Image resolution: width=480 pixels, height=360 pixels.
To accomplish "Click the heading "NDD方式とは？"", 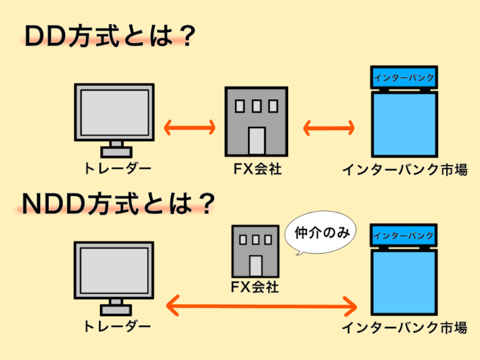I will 119,203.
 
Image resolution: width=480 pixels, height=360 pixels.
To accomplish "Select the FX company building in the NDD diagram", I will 255,250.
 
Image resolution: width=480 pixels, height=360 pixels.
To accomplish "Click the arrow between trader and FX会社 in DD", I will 189,128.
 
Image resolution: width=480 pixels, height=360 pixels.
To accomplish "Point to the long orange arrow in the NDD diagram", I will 262,307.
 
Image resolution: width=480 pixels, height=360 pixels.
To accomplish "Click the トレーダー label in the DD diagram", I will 117,169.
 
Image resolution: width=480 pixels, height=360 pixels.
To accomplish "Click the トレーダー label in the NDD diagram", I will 117,327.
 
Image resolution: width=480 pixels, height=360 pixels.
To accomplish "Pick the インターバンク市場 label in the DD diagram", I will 404,169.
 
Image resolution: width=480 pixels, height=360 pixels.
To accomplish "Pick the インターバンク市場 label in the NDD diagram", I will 404,328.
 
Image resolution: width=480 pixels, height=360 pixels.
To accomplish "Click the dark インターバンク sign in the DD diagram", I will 404,78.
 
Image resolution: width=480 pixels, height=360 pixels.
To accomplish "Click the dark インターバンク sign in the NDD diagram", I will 404,236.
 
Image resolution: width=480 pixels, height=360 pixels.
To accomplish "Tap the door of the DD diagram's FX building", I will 256,141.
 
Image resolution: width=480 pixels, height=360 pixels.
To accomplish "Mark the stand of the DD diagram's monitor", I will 116,149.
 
